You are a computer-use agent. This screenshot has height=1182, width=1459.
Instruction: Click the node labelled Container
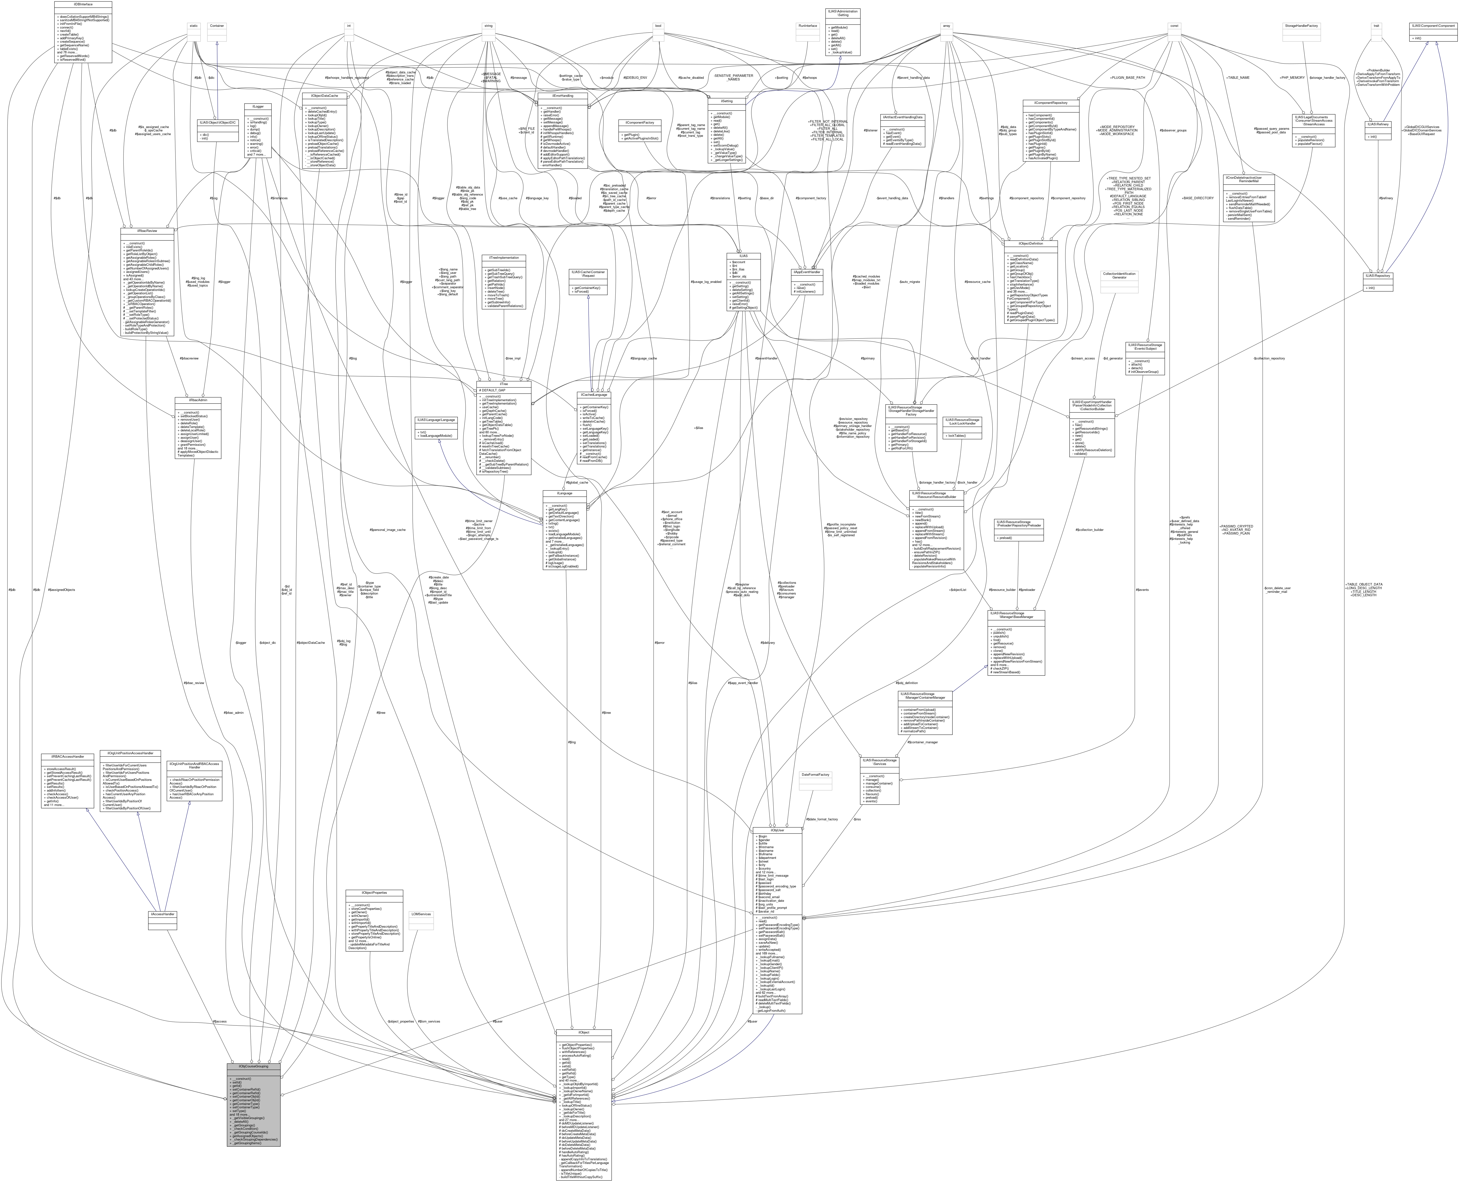click(x=217, y=25)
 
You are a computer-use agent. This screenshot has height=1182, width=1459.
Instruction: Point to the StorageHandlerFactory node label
click(x=1301, y=25)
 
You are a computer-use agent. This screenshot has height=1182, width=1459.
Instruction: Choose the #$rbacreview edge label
click(x=189, y=358)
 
